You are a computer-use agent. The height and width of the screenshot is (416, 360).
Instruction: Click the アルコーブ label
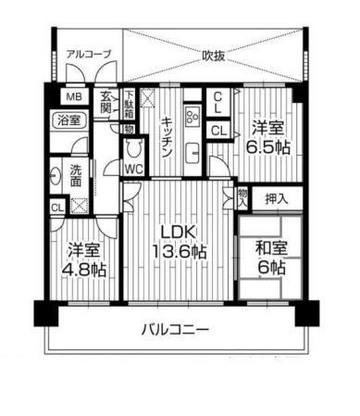89,55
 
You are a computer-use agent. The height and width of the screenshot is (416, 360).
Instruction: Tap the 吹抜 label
213,56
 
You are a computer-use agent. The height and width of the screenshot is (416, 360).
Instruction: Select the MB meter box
75,96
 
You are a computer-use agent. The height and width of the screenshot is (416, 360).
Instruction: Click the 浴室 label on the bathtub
69,120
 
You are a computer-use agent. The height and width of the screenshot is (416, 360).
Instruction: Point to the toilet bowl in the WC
134,148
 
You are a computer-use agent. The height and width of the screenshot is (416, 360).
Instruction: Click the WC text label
134,169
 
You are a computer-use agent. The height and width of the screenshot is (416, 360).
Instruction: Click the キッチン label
167,136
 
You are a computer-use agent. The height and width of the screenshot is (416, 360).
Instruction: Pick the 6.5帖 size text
267,148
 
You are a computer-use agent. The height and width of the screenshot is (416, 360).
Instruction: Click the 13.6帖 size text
180,252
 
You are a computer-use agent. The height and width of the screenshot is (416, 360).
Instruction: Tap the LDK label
179,233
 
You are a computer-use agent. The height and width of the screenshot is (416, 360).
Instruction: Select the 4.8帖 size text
84,270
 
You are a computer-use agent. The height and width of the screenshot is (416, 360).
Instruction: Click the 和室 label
271,248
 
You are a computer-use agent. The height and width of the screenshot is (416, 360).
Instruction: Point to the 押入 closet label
277,199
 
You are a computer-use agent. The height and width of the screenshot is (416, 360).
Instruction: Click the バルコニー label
175,330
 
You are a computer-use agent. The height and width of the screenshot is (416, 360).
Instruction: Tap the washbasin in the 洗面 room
56,176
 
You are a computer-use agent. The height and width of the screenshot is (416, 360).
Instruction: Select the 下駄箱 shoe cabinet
130,103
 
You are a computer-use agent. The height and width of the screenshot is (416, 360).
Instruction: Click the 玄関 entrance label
106,102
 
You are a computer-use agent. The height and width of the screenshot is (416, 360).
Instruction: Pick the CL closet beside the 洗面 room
57,208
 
